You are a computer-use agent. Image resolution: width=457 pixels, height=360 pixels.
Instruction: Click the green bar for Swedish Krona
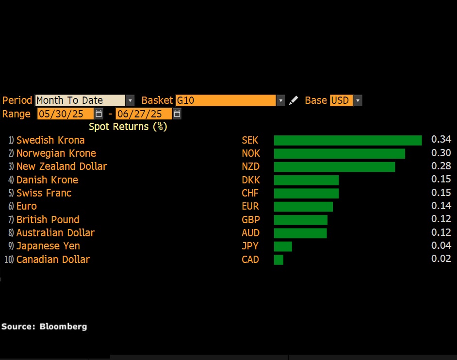pos(347,140)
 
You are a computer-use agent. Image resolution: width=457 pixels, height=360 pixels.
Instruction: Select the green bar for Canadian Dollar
pos(278,260)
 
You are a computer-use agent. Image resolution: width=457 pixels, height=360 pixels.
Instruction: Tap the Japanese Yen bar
pos(283,246)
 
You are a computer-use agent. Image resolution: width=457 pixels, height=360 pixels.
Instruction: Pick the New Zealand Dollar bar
pos(334,167)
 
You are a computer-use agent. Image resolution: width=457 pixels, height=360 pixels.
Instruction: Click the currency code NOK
pos(251,153)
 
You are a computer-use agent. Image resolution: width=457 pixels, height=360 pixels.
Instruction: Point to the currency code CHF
pos(250,193)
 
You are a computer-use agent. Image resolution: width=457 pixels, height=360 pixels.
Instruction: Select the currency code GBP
pos(251,220)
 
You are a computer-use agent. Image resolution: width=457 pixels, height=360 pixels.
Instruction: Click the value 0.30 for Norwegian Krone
pos(441,153)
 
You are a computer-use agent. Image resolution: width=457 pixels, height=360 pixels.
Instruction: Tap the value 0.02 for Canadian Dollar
pos(441,259)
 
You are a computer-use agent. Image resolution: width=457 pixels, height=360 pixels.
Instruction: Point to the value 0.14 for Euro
pos(441,206)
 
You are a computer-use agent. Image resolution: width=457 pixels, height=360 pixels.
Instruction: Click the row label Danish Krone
pos(47,180)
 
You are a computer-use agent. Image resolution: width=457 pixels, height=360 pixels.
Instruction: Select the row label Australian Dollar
pos(55,233)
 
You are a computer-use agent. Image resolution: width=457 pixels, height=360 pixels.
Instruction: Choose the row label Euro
pos(27,206)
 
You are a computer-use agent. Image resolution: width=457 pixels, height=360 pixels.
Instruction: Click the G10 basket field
pos(226,100)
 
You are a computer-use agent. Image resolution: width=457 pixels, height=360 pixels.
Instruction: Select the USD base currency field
pos(341,100)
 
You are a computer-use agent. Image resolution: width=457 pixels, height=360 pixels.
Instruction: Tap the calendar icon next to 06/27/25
pos(177,114)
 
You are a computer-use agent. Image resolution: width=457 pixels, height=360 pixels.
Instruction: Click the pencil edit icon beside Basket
pos(293,100)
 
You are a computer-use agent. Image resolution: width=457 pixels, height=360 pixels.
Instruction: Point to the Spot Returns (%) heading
pos(128,127)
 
